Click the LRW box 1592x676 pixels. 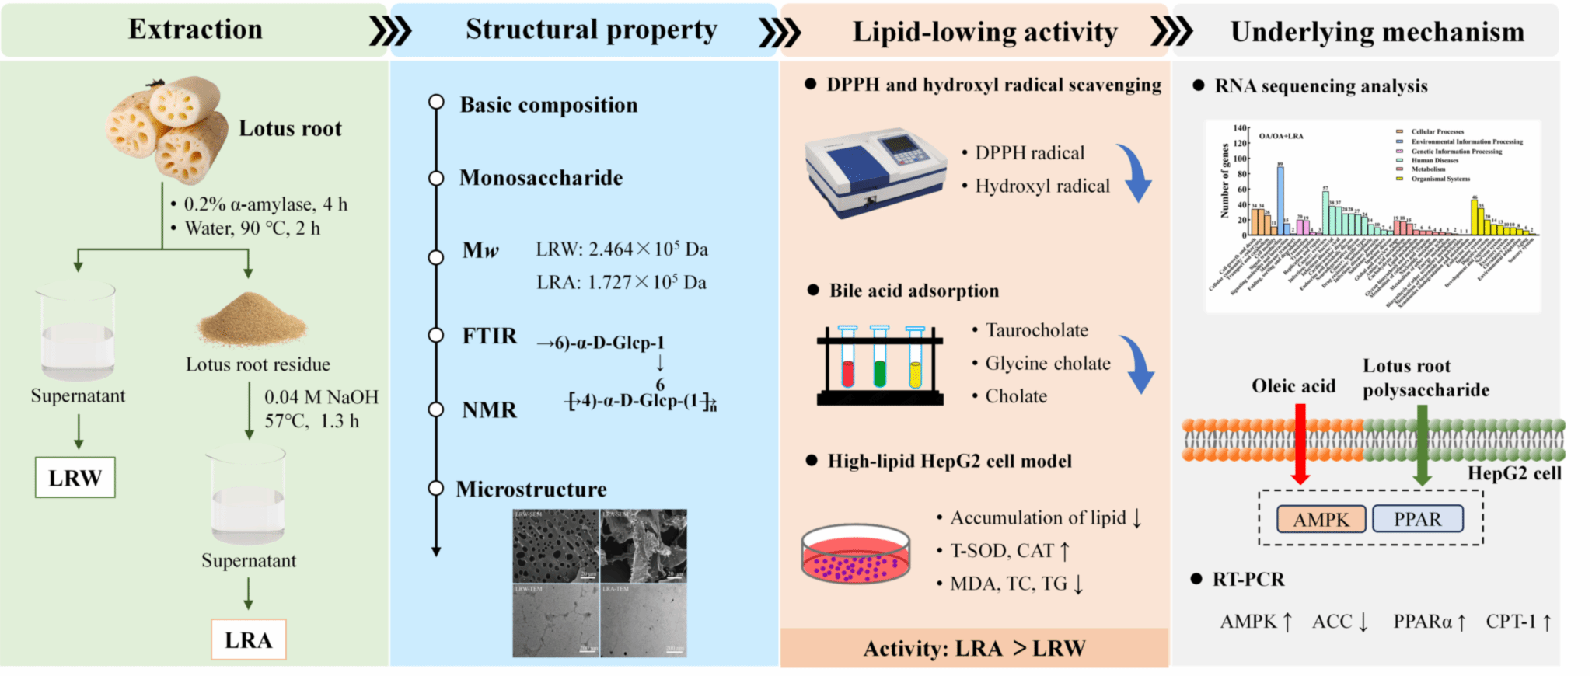pyautogui.click(x=75, y=478)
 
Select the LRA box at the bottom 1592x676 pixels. pyautogui.click(x=249, y=639)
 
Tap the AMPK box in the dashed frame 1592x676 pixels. pyautogui.click(x=1321, y=519)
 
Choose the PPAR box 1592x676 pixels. pyautogui.click(x=1417, y=519)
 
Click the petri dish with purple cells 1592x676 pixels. pyautogui.click(x=855, y=555)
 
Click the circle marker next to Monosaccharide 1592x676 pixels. pyautogui.click(x=436, y=178)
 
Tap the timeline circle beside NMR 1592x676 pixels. pyautogui.click(x=436, y=409)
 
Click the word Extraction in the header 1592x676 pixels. pyautogui.click(x=195, y=30)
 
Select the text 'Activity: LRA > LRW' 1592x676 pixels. pyautogui.click(x=974, y=648)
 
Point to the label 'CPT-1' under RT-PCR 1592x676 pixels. pyautogui.click(x=1510, y=622)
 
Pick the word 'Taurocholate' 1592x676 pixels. pyautogui.click(x=1036, y=330)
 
